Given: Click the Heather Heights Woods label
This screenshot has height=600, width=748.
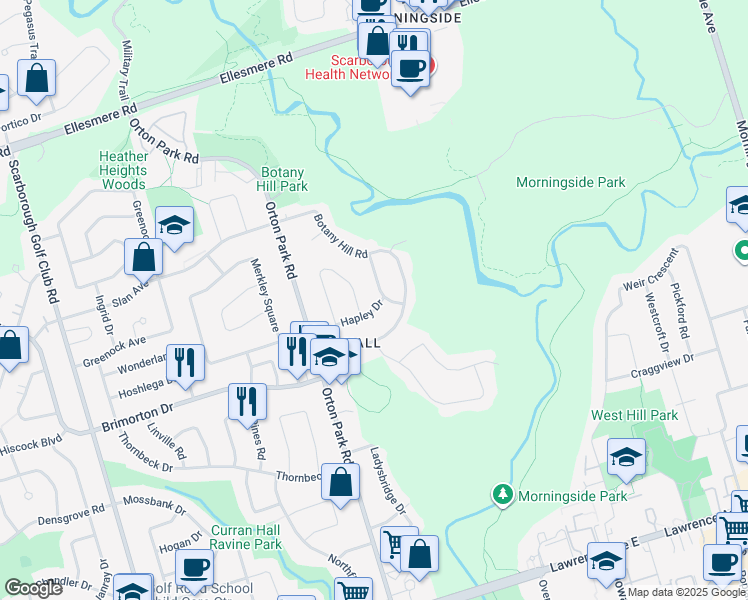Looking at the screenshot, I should [x=124, y=170].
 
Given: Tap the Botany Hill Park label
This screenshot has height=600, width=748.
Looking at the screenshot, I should [x=282, y=179].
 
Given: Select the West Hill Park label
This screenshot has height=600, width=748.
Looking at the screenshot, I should [x=648, y=415].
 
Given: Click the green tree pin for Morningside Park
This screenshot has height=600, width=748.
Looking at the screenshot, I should [x=502, y=495].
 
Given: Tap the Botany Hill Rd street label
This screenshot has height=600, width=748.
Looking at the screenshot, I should [x=341, y=238].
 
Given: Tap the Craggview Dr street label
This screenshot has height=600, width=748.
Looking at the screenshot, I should [x=661, y=369].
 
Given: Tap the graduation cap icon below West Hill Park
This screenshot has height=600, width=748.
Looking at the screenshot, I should [x=627, y=458].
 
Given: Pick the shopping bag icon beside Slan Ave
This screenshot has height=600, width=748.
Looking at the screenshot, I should [x=143, y=257].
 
